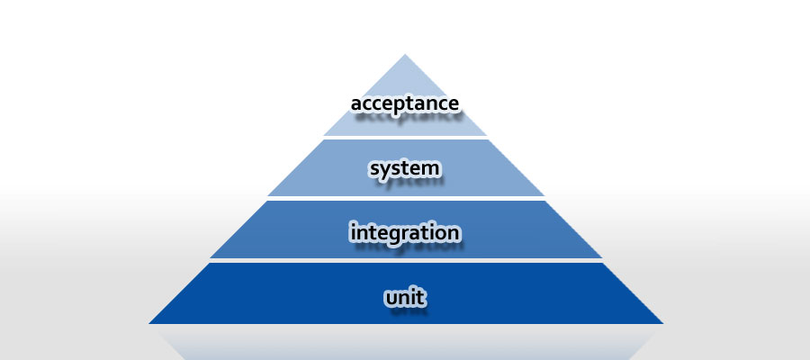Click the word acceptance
click(404, 103)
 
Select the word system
click(405, 169)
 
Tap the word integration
click(404, 232)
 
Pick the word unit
click(406, 297)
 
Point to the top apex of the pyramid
click(405, 54)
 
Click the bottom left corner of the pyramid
click(149, 323)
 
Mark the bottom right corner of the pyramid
click(662, 323)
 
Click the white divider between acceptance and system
click(405, 138)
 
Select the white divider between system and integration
click(405, 198)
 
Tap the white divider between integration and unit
click(405, 260)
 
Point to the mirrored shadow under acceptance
click(407, 116)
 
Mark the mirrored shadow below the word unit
click(408, 310)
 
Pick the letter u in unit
click(391, 299)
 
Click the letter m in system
click(431, 169)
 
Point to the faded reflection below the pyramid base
click(406, 342)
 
